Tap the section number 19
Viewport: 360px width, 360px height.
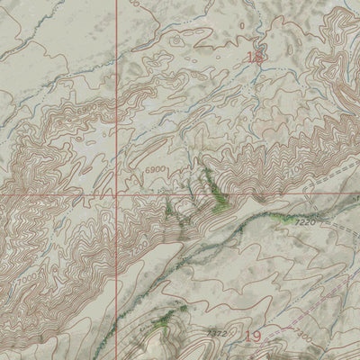(252, 337)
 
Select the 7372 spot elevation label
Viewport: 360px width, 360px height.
(216, 333)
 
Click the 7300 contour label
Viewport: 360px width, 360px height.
(303, 335)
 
